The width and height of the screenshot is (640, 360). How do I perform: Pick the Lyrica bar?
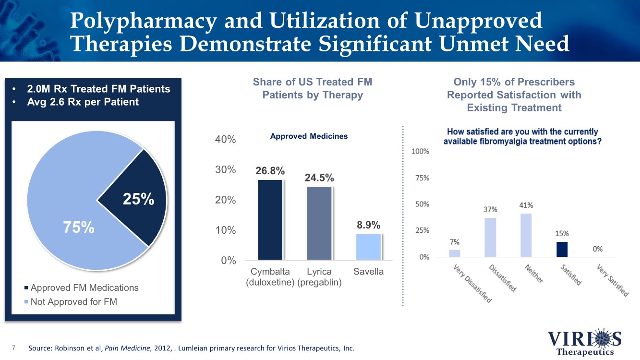click(x=319, y=223)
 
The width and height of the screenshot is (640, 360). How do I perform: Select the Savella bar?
click(x=368, y=247)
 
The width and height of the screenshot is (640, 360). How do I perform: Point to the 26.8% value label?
click(x=270, y=171)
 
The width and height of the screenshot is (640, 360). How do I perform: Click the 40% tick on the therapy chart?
click(x=225, y=140)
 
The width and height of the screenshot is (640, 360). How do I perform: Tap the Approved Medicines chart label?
click(x=309, y=136)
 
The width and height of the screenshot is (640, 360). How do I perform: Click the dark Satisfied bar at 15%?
click(x=562, y=249)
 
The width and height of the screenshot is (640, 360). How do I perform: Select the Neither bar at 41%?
click(x=526, y=235)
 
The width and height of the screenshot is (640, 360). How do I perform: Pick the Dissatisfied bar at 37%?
click(x=490, y=237)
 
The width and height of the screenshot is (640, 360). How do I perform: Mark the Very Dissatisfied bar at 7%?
click(x=454, y=253)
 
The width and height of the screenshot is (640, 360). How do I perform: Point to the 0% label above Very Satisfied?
click(x=597, y=249)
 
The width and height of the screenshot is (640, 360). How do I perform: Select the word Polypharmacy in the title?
click(x=139, y=22)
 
